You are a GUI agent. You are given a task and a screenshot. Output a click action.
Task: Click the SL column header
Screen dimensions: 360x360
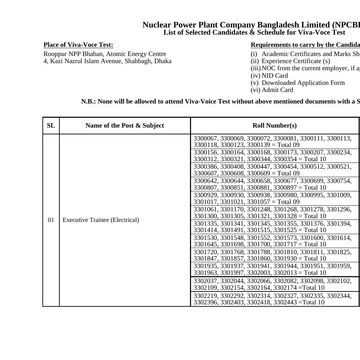pyautogui.click(x=51, y=126)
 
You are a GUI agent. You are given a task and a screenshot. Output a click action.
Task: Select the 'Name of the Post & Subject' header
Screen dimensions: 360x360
pyautogui.click(x=125, y=126)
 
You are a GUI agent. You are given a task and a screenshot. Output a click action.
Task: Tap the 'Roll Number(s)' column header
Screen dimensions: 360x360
pyautogui.click(x=274, y=126)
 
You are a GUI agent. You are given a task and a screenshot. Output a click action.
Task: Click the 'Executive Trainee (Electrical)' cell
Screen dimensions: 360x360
pyautogui.click(x=101, y=220)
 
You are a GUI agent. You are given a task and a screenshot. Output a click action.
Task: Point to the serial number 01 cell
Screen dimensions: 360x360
pyautogui.click(x=51, y=220)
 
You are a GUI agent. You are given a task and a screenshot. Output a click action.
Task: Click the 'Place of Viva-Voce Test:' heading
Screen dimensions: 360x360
pyautogui.click(x=78, y=45)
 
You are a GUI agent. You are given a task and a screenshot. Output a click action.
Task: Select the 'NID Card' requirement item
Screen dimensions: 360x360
pyautogui.click(x=274, y=76)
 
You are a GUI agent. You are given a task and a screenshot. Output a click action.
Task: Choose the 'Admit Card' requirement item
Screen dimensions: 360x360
pyautogui.click(x=277, y=90)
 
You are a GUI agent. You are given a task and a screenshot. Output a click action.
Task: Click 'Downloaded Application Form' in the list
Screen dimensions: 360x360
pyautogui.click(x=303, y=83)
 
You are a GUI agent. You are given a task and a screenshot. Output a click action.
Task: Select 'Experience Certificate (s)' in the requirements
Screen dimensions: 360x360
pyautogui.click(x=296, y=61)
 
